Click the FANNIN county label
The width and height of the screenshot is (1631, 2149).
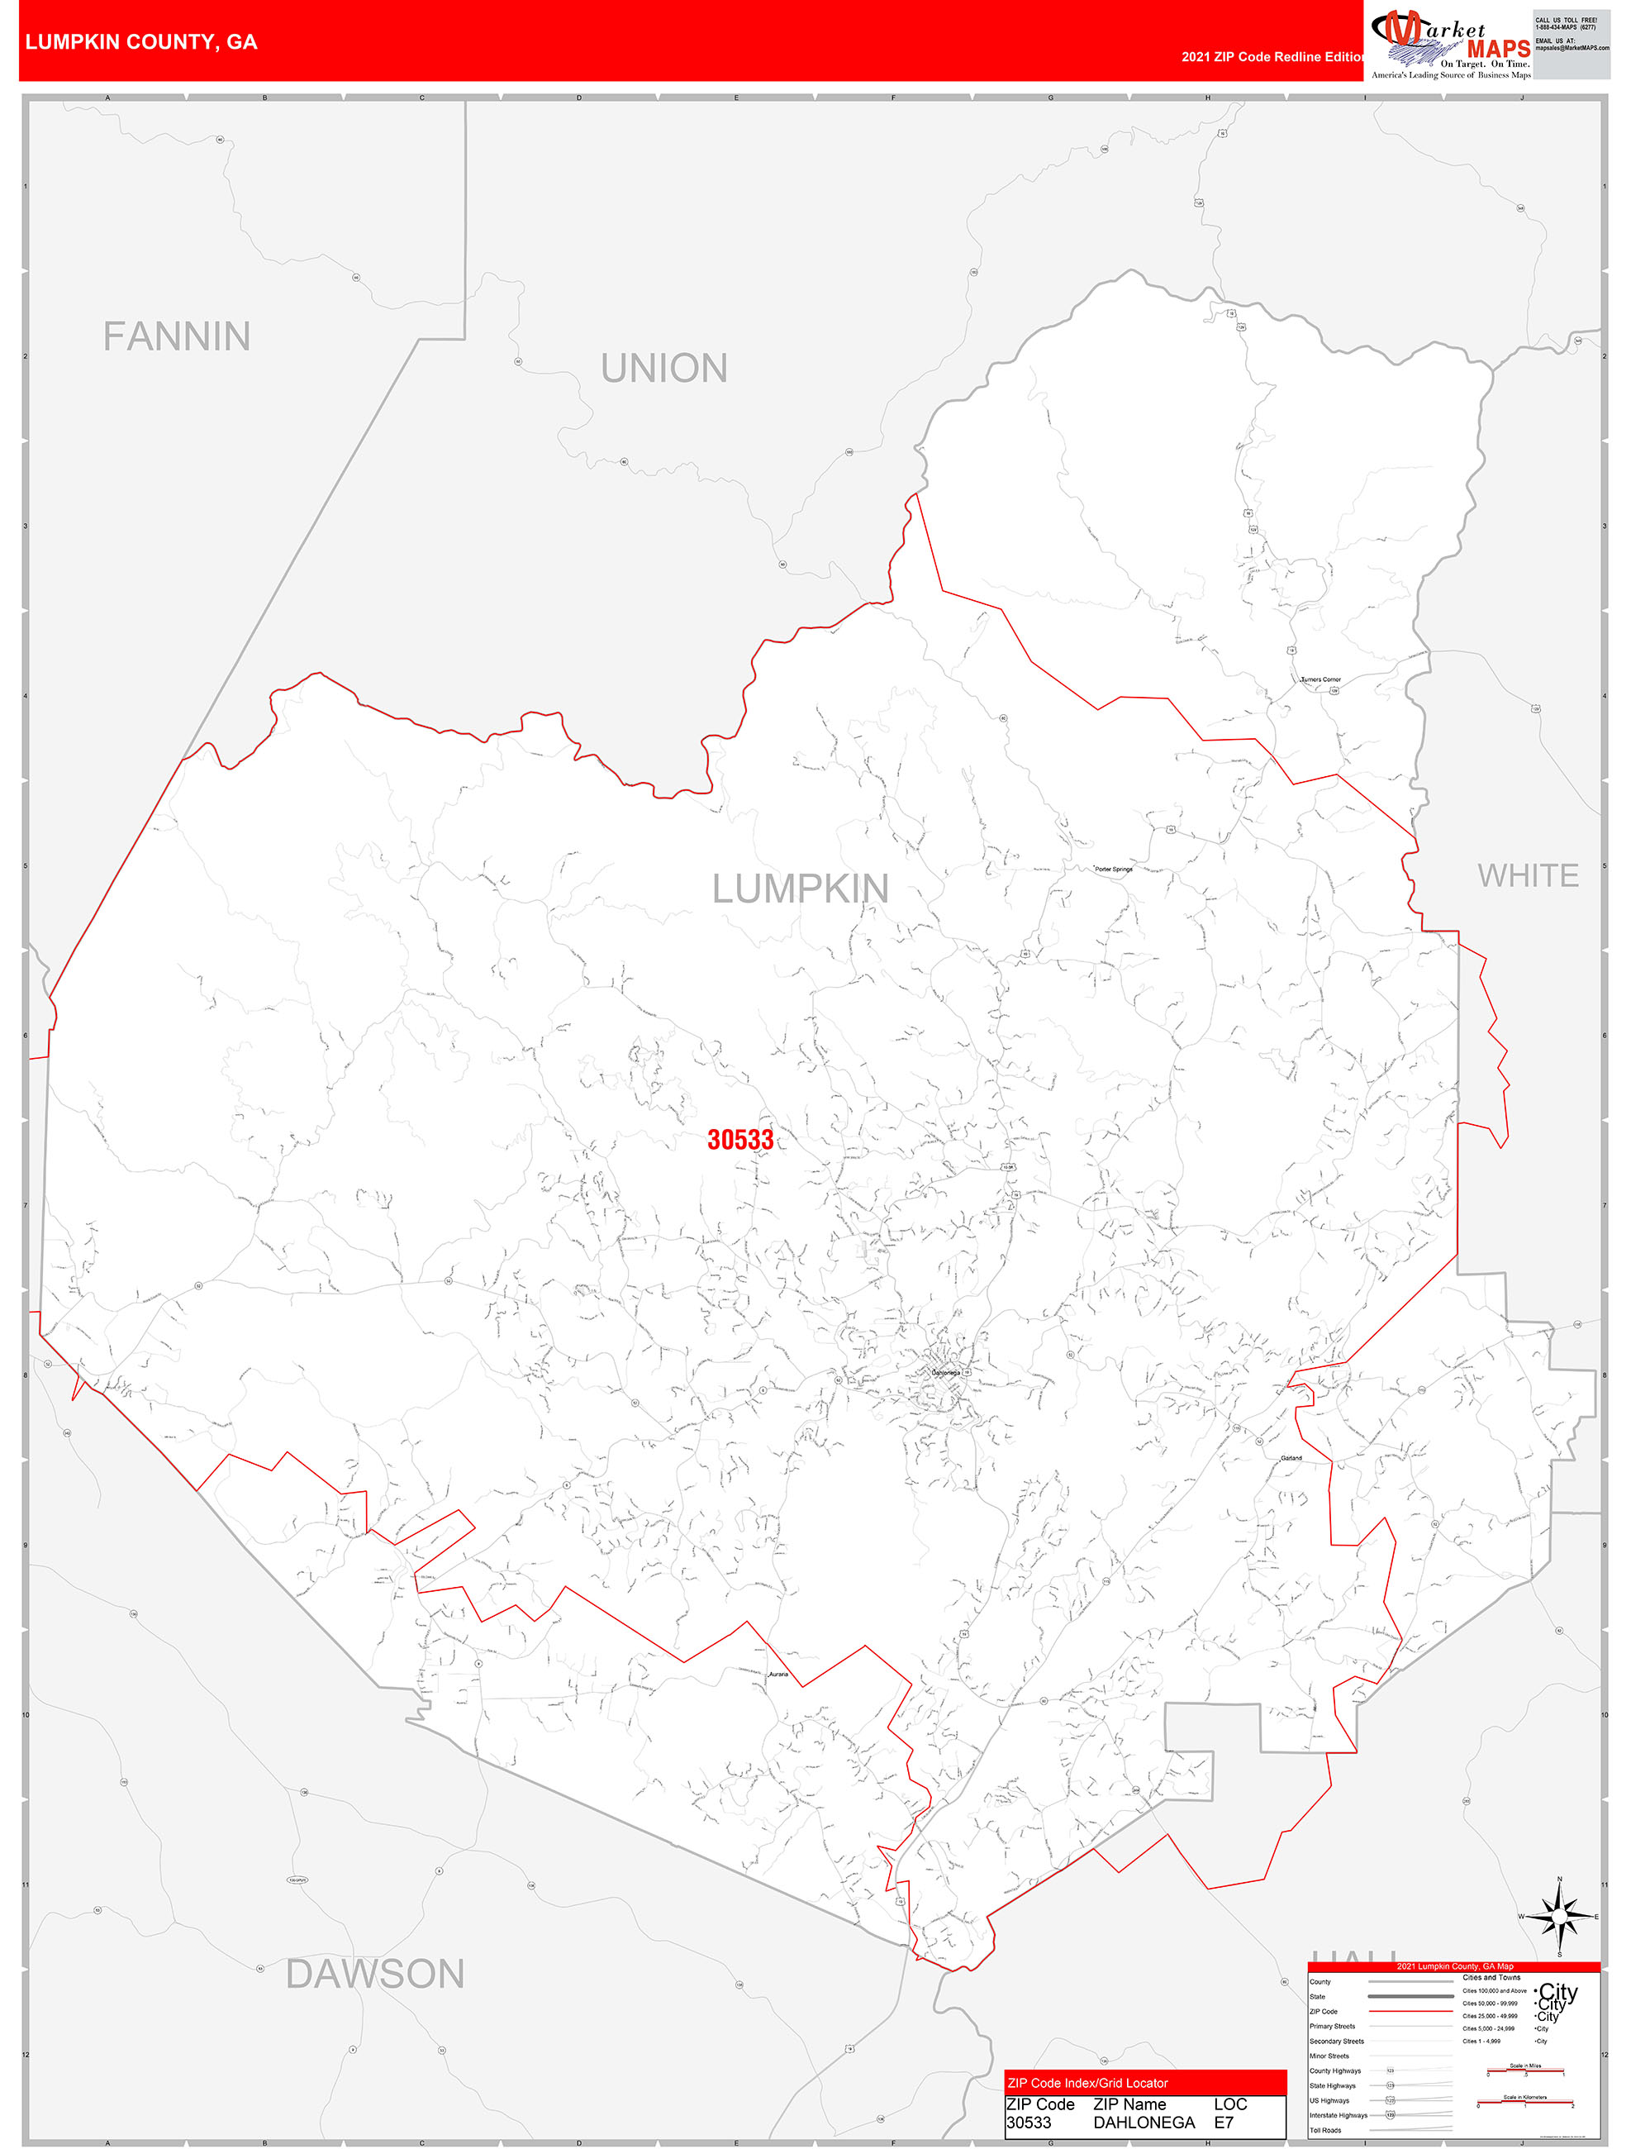[177, 337]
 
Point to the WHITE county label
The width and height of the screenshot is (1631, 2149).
[1527, 876]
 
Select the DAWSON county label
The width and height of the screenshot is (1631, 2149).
[375, 1974]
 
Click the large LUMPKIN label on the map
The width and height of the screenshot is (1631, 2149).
[801, 889]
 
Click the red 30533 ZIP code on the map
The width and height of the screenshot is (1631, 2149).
[740, 1140]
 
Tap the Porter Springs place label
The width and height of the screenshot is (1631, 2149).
[1113, 870]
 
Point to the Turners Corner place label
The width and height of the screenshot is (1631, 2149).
[1320, 680]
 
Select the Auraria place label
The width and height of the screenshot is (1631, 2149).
[778, 1675]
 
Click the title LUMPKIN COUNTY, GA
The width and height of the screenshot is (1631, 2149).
[142, 42]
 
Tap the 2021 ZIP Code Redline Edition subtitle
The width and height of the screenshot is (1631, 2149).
[1272, 57]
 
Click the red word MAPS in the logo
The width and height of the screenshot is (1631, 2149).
[1498, 49]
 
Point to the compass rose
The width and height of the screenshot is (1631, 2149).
[1559, 1916]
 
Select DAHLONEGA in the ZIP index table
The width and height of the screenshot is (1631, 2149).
[1144, 2123]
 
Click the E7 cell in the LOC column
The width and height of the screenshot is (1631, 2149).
[1223, 2123]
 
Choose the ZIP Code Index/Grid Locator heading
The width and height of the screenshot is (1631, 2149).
[1087, 2083]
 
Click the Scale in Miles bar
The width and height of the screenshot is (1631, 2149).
[1525, 2073]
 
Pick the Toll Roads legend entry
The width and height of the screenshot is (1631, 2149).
[1325, 2131]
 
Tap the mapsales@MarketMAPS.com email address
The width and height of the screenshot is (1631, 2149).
[1572, 48]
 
